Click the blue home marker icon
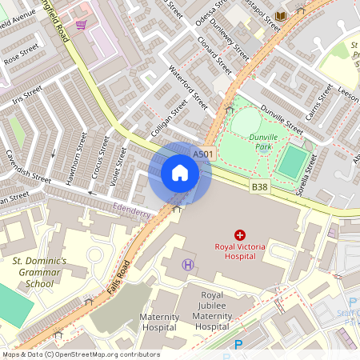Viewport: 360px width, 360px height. (180, 173)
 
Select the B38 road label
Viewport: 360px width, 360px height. (259, 187)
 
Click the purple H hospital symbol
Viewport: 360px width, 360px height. (188, 264)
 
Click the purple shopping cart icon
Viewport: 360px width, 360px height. (81, 24)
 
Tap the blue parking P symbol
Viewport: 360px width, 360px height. (238, 346)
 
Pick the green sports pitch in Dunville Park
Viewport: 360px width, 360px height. (293, 162)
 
